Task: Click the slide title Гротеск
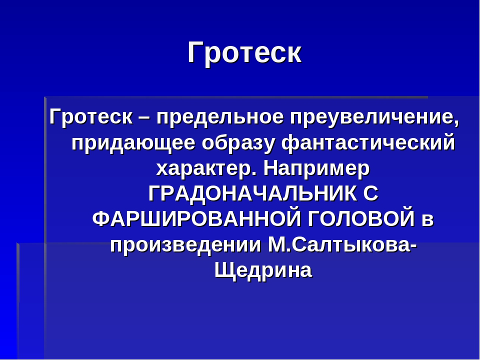coord(244,52)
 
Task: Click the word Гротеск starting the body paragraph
coord(91,117)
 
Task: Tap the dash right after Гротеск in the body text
coord(145,117)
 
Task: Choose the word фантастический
coord(368,143)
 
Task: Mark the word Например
coord(316,169)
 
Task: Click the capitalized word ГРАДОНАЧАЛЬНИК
coord(252,194)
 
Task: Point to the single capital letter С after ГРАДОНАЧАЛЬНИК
coord(371,194)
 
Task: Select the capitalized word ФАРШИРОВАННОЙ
coord(196,219)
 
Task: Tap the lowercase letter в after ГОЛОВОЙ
coord(427,220)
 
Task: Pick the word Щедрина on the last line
coord(263,270)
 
